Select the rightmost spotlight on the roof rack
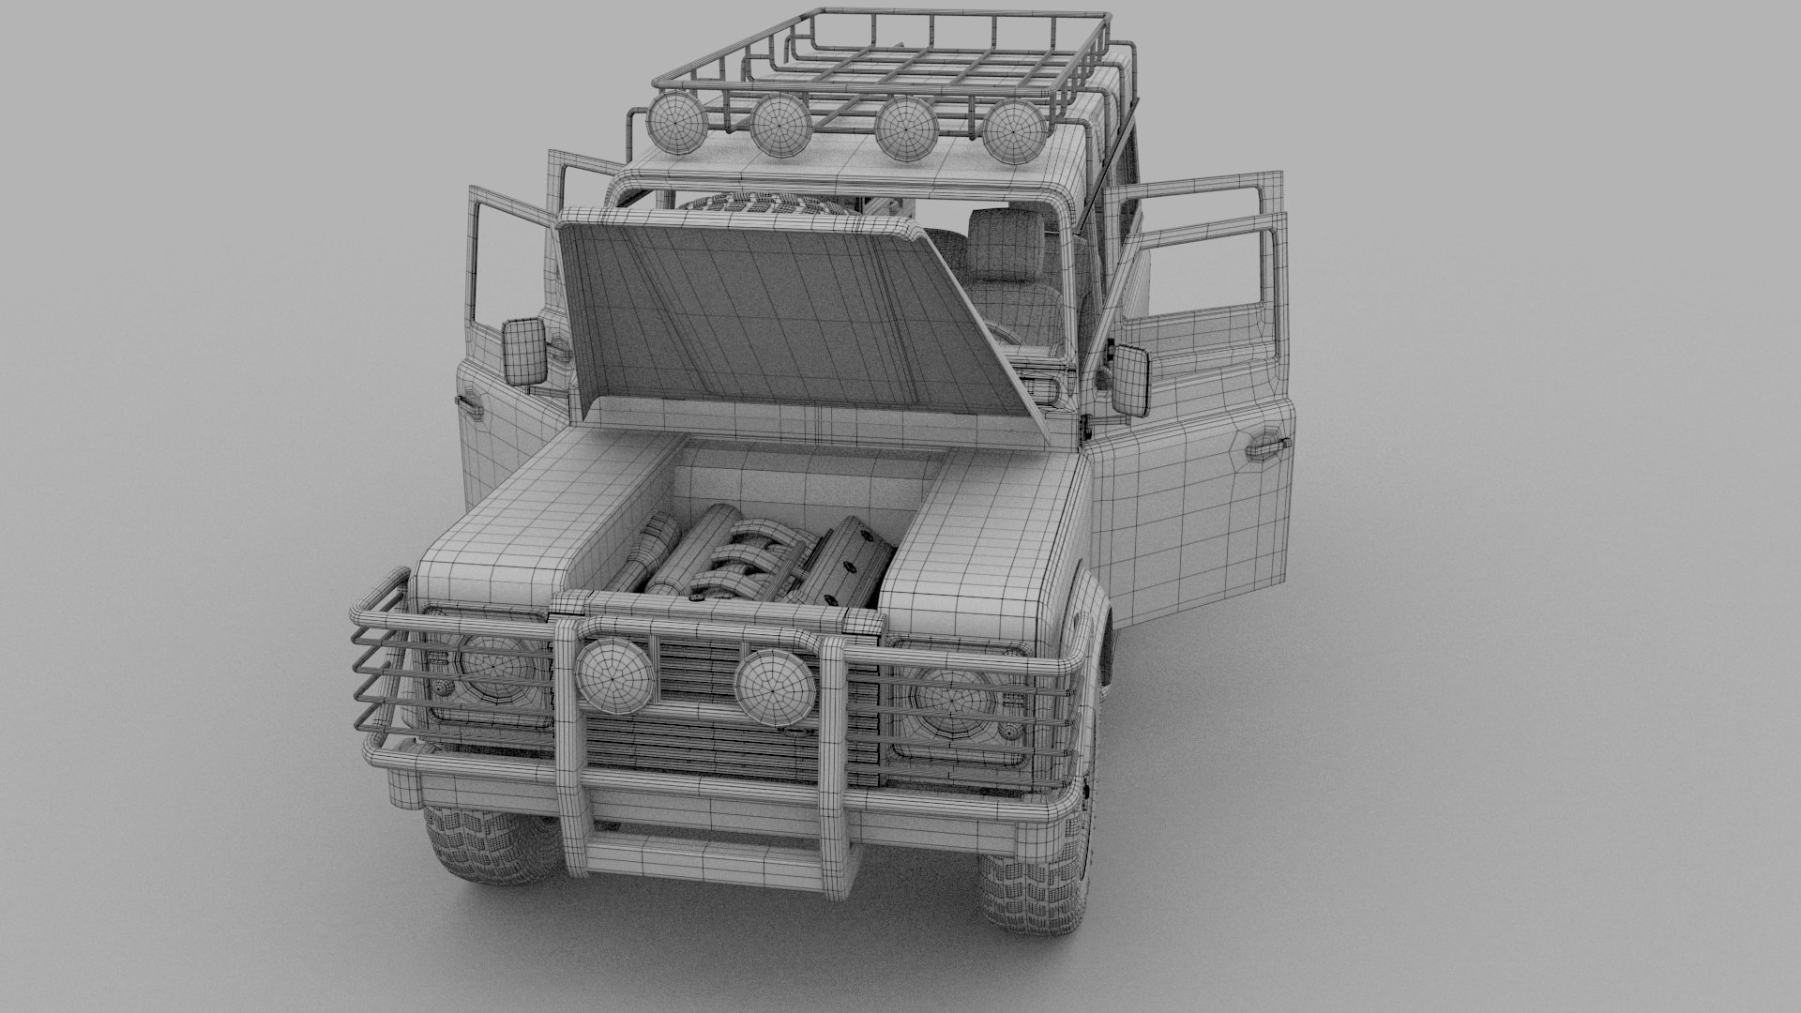coord(1014,131)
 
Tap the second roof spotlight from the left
coord(779,127)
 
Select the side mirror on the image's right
coord(1130,379)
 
